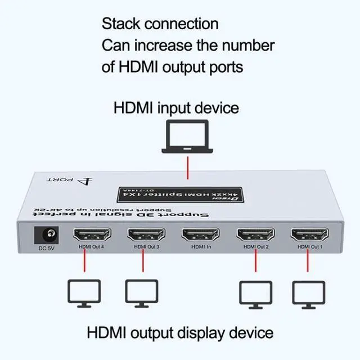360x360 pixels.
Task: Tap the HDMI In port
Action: tap(201, 234)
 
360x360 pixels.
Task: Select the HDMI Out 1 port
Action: tap(309, 235)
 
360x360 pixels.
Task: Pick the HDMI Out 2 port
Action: tap(255, 235)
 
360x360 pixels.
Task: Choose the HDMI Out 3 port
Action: tap(146, 235)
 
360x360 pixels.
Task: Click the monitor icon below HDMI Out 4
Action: tap(84, 293)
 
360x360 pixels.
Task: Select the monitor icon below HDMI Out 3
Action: tap(140, 293)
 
